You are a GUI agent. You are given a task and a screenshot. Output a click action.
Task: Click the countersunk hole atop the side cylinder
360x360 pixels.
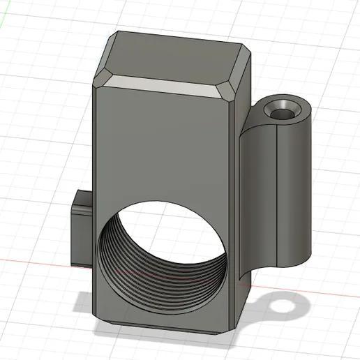coord(284,110)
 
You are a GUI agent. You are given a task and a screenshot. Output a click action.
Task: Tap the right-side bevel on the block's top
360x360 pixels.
coord(241,74)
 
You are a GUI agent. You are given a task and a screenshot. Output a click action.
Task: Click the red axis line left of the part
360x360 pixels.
coord(35,261)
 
